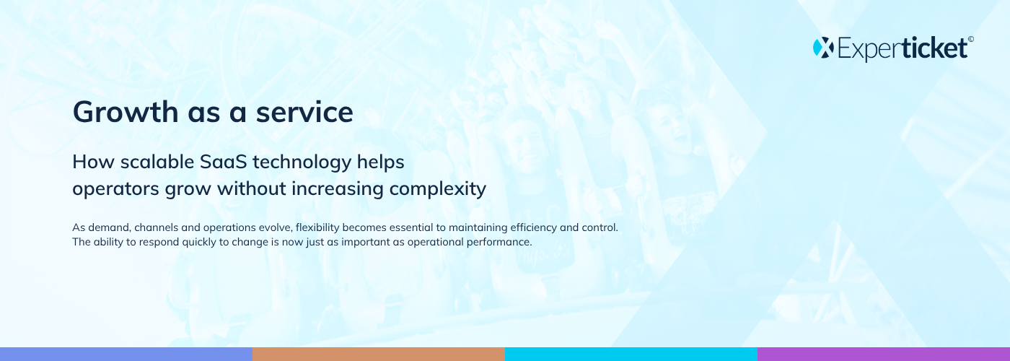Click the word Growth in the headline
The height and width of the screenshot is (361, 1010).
[126, 111]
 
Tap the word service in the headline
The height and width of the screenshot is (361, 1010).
[304, 113]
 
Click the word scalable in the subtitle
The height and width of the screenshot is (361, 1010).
[157, 162]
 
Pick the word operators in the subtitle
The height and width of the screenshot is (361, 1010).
[116, 188]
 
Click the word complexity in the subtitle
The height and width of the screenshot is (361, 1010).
[437, 189]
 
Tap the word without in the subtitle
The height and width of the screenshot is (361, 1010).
[251, 188]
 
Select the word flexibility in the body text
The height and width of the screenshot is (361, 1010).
[317, 227]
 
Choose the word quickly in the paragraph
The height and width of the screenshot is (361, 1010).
[199, 243]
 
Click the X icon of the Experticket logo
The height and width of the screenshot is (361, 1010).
[823, 48]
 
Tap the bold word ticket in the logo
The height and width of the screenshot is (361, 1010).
[935, 48]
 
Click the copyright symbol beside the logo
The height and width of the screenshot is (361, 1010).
[971, 39]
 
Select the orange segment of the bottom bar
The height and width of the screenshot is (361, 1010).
[379, 355]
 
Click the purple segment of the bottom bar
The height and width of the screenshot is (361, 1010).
[884, 355]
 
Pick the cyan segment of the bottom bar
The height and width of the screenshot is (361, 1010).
[631, 355]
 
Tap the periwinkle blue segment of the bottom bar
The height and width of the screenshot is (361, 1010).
[126, 355]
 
